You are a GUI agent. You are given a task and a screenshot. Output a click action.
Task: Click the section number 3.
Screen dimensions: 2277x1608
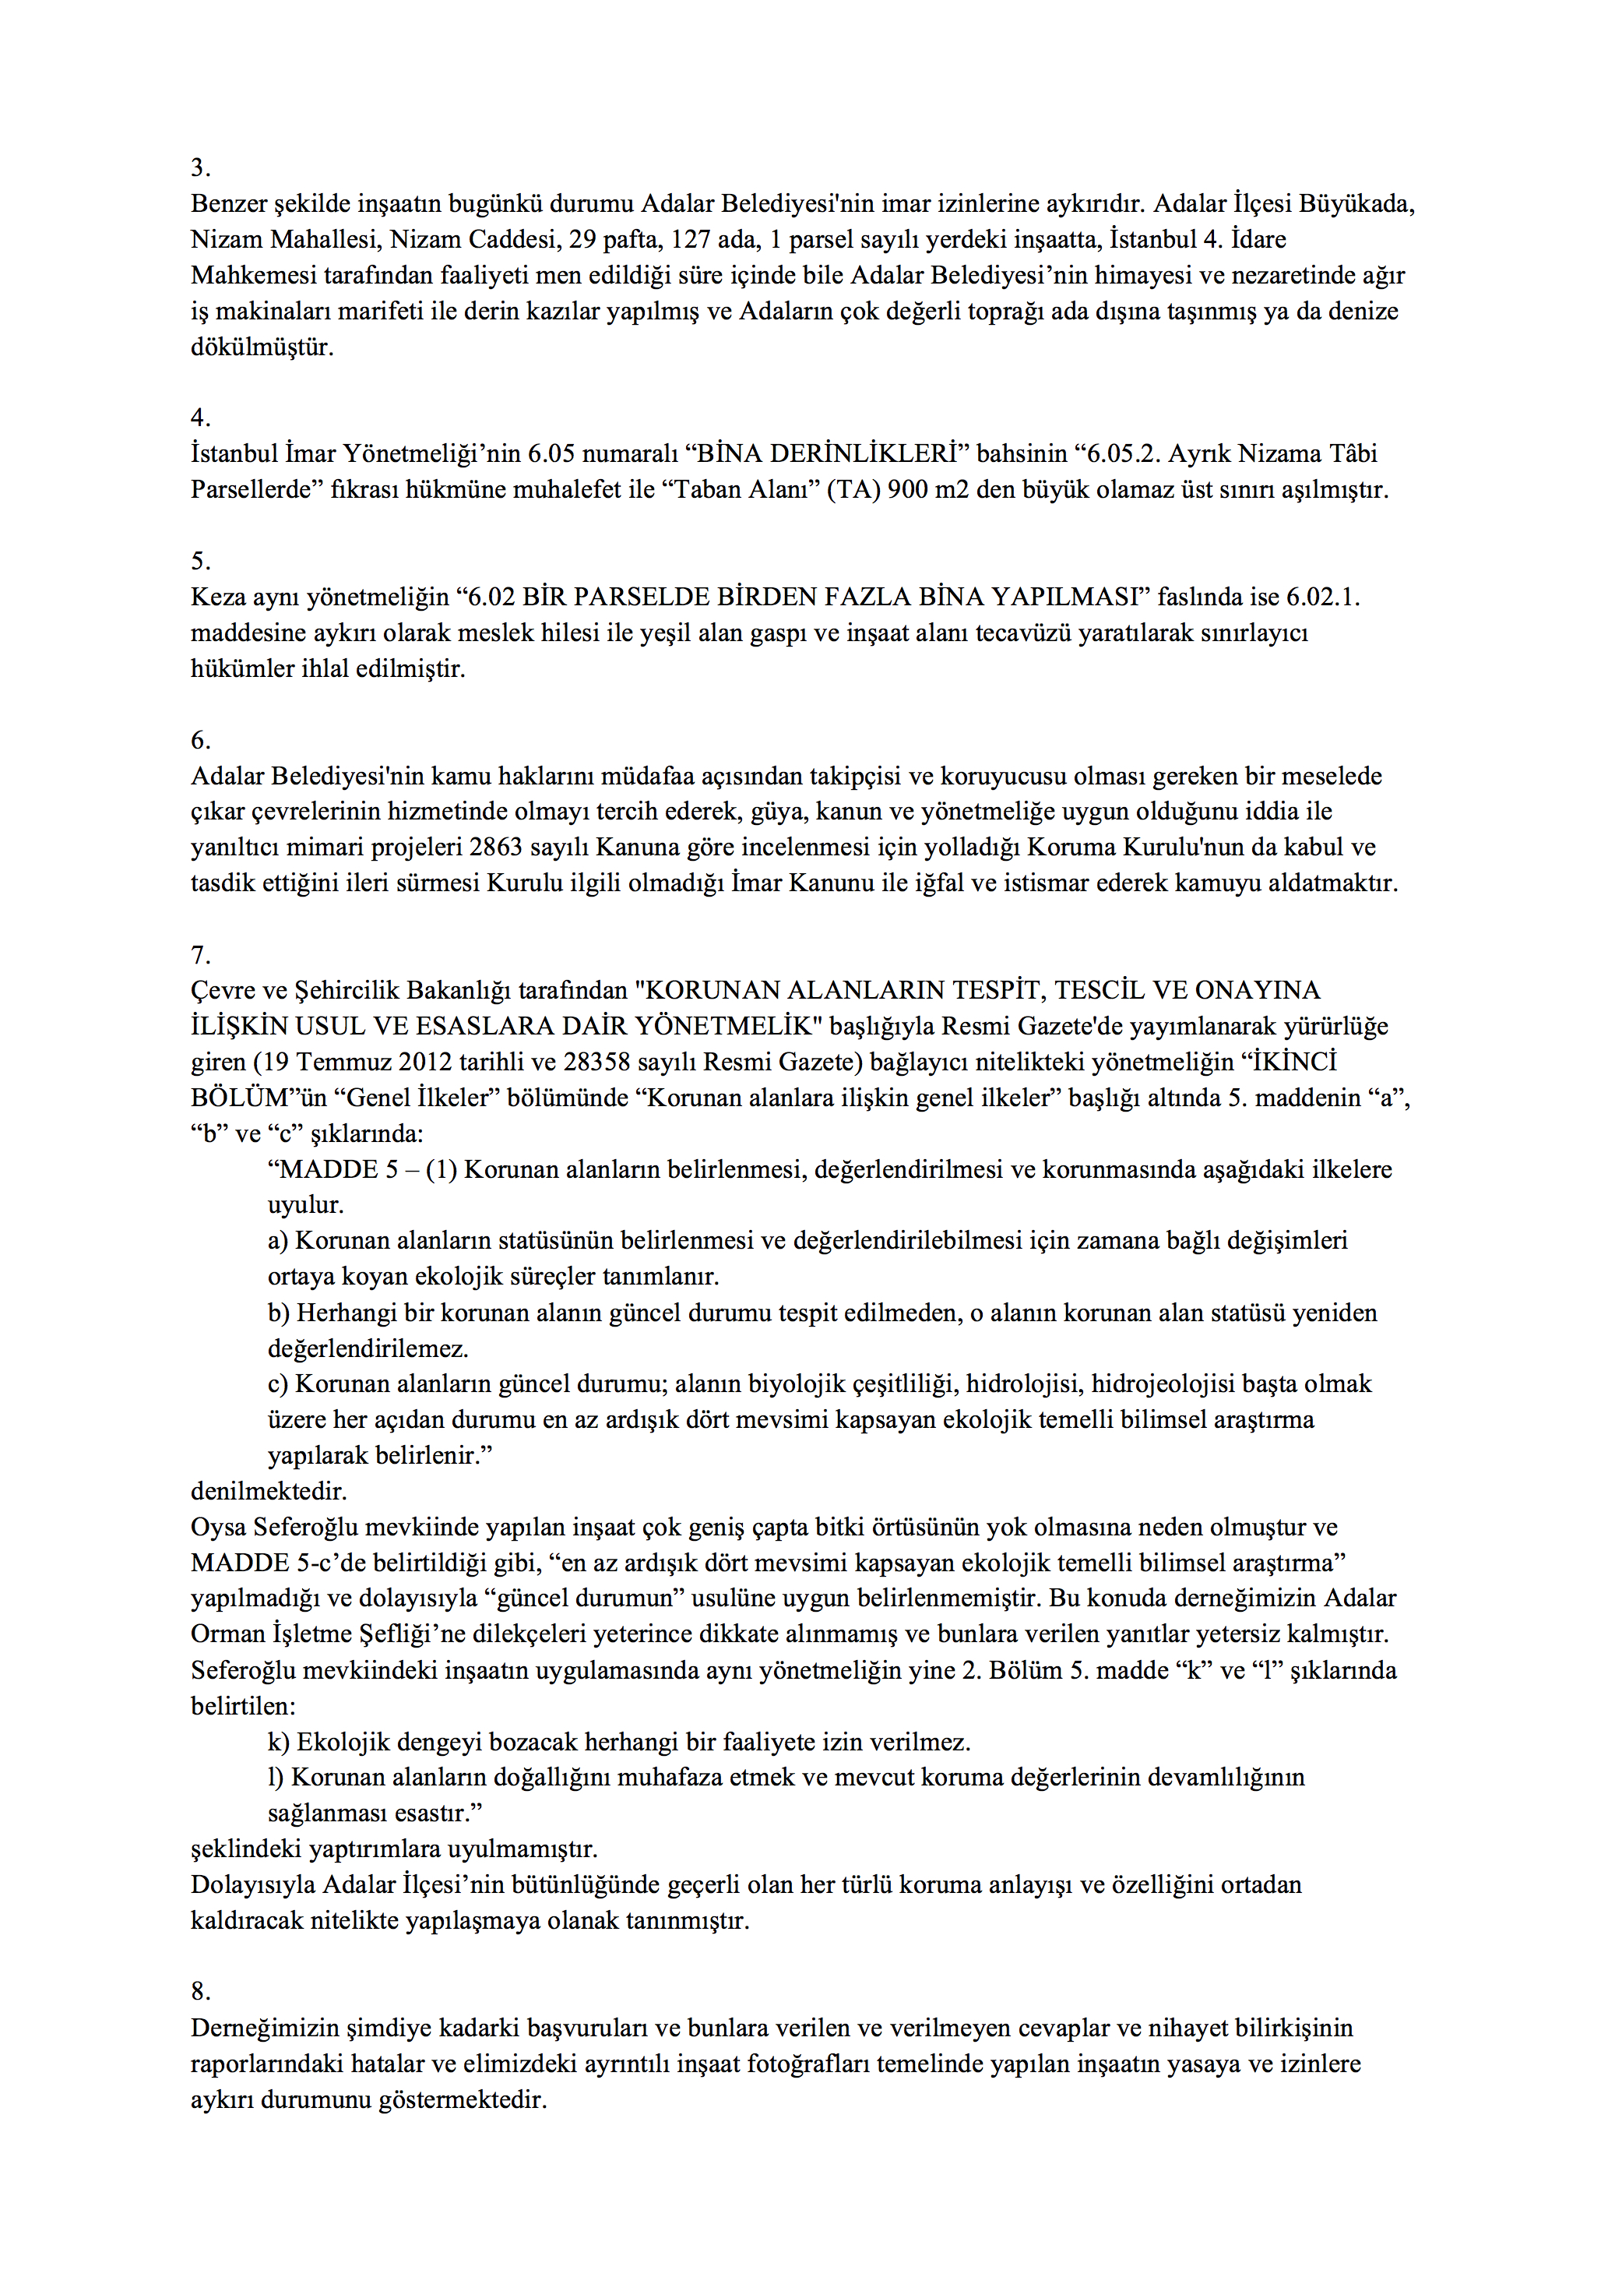pos(200,167)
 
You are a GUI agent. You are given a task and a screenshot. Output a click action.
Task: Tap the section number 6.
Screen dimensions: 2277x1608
pos(200,740)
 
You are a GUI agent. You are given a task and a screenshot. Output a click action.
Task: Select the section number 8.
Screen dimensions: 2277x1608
pos(200,1991)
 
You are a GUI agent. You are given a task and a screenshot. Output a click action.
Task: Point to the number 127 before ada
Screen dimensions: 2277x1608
pos(691,239)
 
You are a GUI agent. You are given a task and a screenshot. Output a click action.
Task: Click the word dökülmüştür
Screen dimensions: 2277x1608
pos(262,347)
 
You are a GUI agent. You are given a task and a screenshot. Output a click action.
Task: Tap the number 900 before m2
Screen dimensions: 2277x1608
pos(908,489)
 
